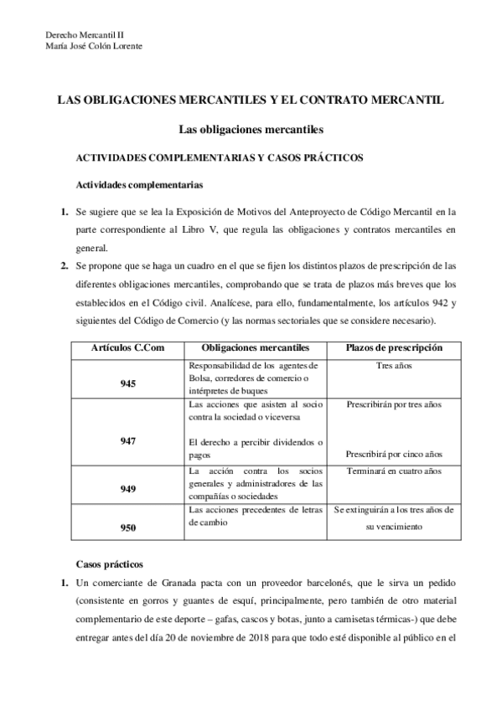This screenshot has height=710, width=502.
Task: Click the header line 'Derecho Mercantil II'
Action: click(x=82, y=34)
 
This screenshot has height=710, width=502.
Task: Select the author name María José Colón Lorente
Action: click(x=94, y=46)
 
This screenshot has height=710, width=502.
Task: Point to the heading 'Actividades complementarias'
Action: click(x=134, y=185)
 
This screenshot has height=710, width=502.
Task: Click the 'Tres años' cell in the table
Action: click(x=395, y=366)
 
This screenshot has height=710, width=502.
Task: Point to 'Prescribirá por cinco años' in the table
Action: click(x=395, y=454)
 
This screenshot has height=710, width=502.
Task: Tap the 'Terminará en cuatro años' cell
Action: click(x=395, y=471)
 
